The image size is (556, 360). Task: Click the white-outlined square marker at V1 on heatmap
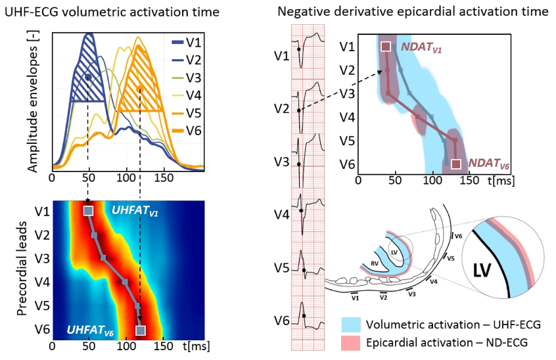click(x=88, y=211)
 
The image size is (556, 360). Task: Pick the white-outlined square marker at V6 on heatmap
click(x=139, y=330)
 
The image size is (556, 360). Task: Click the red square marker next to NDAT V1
click(x=386, y=47)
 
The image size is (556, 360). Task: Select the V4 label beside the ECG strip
click(x=281, y=214)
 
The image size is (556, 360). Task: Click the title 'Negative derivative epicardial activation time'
click(x=413, y=12)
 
